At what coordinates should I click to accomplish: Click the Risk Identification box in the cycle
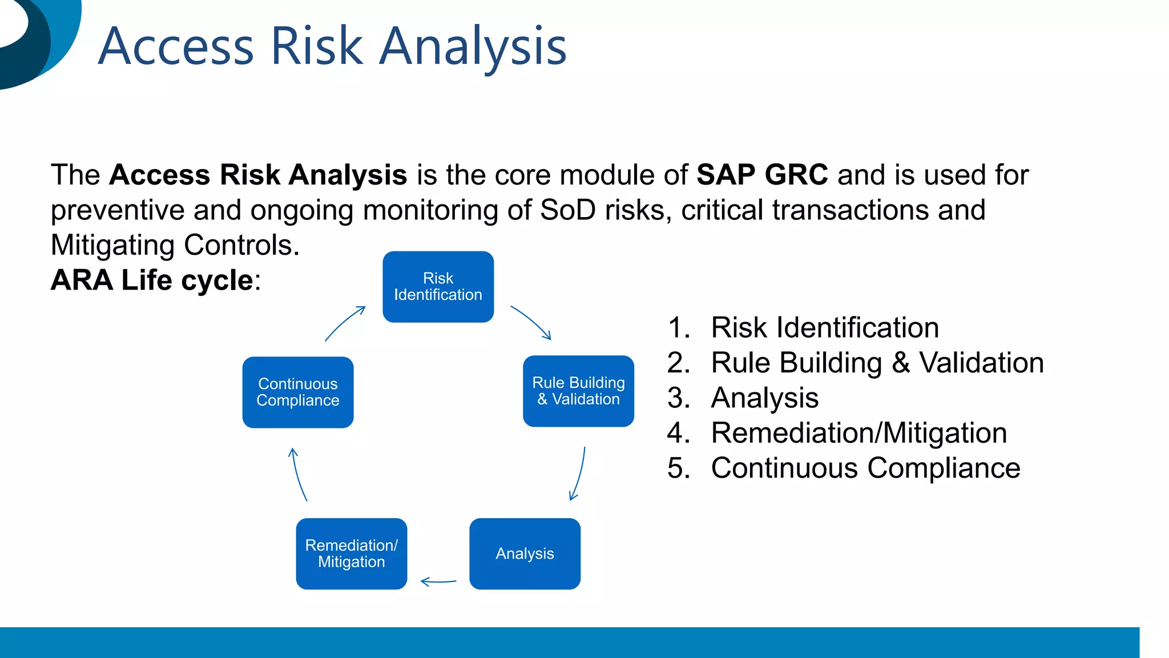coord(438,287)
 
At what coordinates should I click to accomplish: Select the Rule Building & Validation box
coord(578,391)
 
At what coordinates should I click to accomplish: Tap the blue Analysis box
coord(525,553)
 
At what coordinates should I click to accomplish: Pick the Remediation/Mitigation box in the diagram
coord(352,553)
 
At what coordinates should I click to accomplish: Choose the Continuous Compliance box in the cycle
coord(298,392)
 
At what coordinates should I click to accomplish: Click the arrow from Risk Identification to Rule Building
coord(531,322)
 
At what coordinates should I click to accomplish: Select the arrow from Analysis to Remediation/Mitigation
coord(438,581)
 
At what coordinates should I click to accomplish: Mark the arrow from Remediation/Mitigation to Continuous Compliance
coord(298,474)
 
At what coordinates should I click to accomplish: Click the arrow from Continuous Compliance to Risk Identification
coord(344,323)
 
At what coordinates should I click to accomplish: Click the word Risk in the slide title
coord(316,46)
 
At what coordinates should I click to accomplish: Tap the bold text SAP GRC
coord(761,175)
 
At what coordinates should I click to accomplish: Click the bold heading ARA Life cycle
coord(152,280)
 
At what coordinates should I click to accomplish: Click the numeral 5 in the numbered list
coord(678,468)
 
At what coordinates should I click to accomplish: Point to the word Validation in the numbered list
coord(981,363)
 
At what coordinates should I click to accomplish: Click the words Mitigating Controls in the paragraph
coord(174,245)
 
